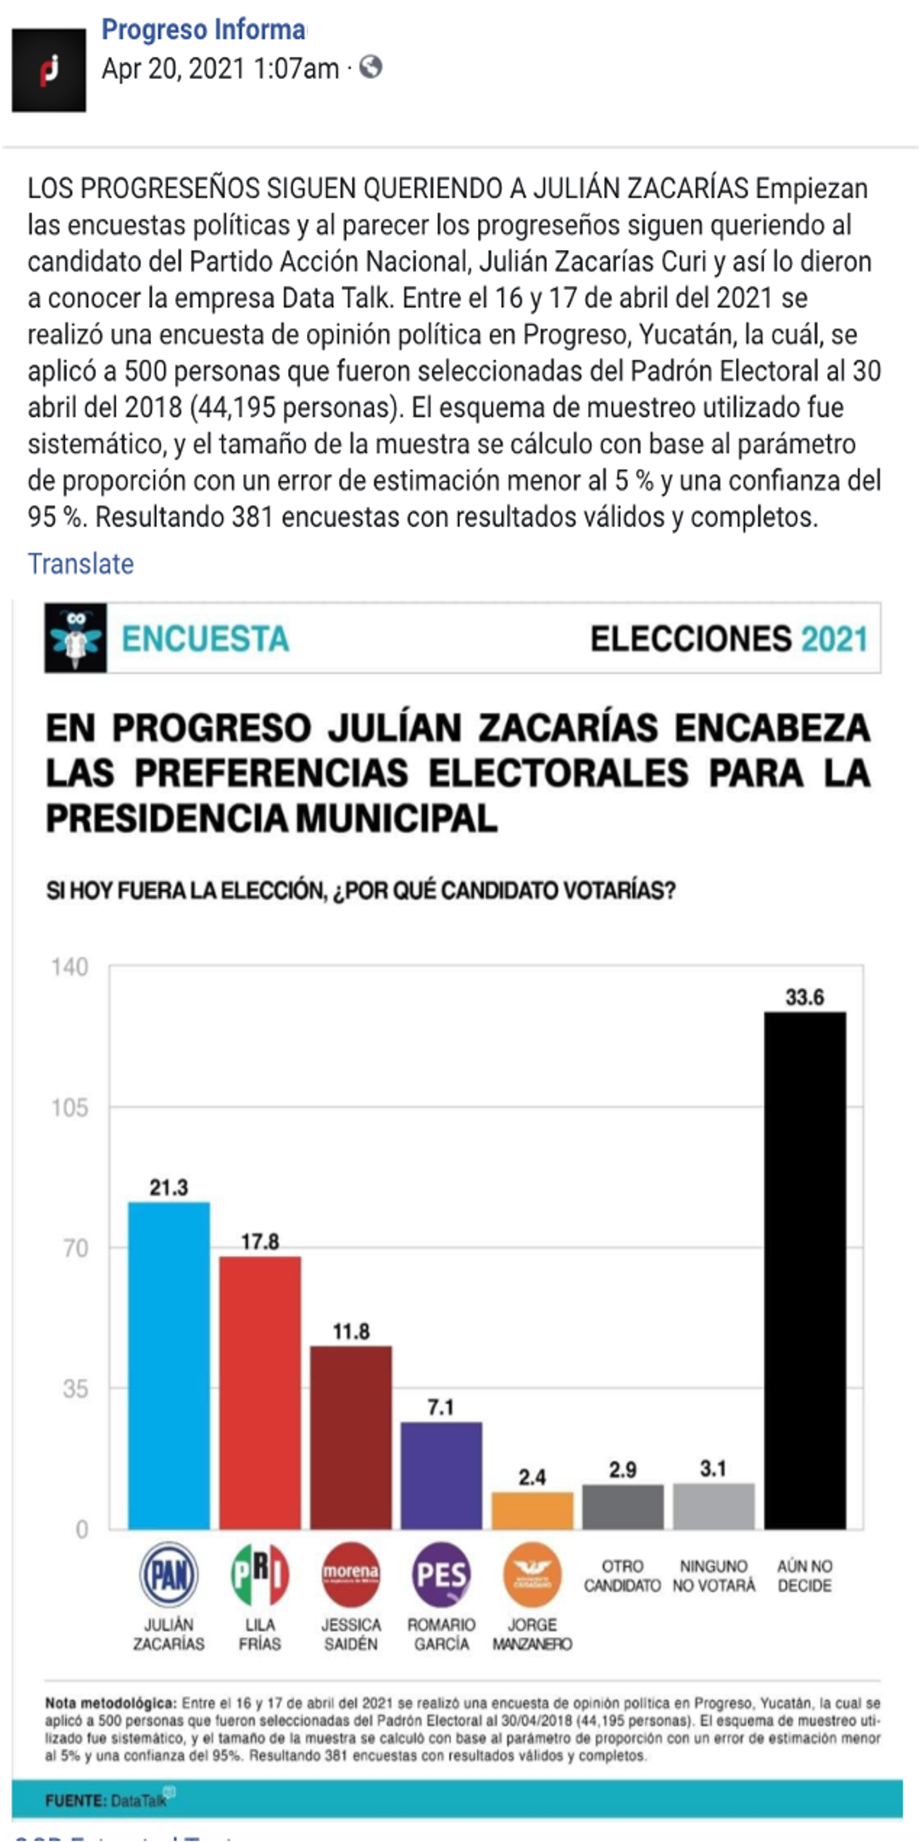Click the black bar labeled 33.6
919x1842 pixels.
[x=805, y=1270]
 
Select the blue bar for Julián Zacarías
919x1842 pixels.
[x=169, y=1365]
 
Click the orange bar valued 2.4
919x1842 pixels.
[x=532, y=1510]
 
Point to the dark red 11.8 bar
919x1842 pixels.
[x=350, y=1438]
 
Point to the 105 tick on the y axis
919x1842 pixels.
[x=70, y=1108]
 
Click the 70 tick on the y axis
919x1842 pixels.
[x=75, y=1248]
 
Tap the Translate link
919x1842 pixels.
[x=80, y=564]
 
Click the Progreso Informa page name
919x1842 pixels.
[x=203, y=30]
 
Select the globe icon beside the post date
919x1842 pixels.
[x=371, y=68]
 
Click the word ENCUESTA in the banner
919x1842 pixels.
[x=205, y=639]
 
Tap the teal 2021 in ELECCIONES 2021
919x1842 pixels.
[x=834, y=639]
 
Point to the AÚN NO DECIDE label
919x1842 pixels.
[x=805, y=1576]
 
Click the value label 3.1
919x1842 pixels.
[x=713, y=1469]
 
